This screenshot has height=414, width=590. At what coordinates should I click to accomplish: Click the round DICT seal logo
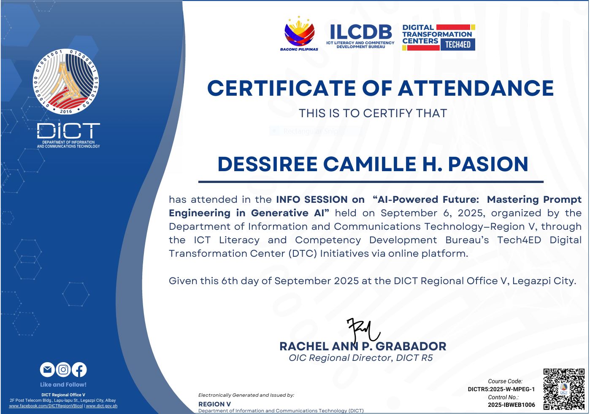click(66, 82)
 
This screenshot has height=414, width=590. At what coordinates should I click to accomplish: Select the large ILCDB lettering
click(360, 32)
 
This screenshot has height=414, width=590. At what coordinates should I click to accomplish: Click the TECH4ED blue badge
click(458, 45)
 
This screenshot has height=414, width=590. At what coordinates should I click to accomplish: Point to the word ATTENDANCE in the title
click(476, 88)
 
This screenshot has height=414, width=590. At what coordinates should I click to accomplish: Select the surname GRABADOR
click(411, 347)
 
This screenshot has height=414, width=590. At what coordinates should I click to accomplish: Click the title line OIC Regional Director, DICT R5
click(361, 358)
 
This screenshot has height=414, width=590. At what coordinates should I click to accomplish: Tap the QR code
click(564, 389)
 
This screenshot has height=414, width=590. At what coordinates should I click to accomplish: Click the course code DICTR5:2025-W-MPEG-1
click(501, 389)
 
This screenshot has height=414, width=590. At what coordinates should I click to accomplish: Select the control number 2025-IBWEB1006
click(512, 405)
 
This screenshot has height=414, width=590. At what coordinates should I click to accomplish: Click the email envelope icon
click(47, 370)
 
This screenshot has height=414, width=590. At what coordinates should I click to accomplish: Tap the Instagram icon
click(63, 370)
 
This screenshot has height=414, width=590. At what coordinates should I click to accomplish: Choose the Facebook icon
click(79, 370)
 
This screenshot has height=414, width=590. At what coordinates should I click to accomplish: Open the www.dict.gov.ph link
click(102, 406)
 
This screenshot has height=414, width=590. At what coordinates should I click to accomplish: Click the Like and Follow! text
click(63, 384)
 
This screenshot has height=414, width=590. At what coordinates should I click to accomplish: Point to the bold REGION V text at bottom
click(214, 404)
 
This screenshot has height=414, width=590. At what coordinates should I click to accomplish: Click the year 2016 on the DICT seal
click(66, 111)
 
